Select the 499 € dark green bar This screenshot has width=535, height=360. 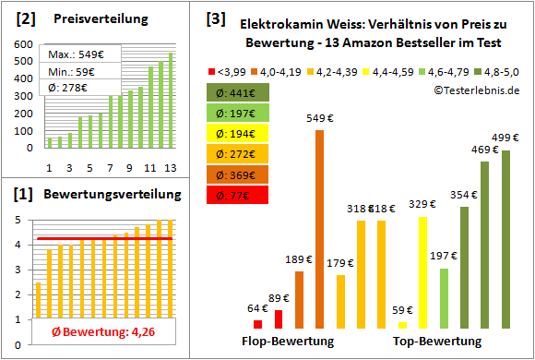click(x=505, y=239)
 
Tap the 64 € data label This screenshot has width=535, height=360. click(x=256, y=308)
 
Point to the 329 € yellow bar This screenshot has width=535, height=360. click(x=423, y=272)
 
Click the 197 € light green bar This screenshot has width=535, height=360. click(x=445, y=298)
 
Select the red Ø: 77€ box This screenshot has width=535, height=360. click(x=238, y=195)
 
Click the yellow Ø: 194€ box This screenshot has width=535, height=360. click(x=238, y=133)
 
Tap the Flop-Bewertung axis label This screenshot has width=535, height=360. click(x=288, y=342)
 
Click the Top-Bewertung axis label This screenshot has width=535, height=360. click(x=437, y=342)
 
